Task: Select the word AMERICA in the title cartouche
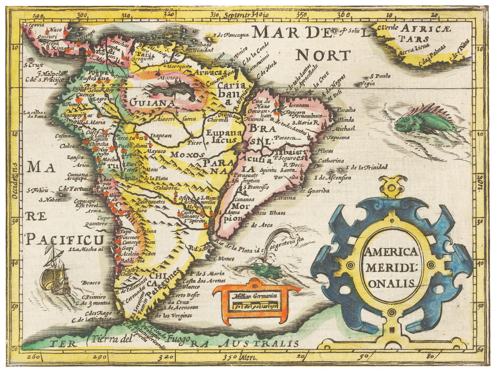click(391, 252)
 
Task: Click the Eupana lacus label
click(221, 136)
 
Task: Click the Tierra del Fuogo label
click(141, 339)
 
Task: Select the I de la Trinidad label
click(367, 167)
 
